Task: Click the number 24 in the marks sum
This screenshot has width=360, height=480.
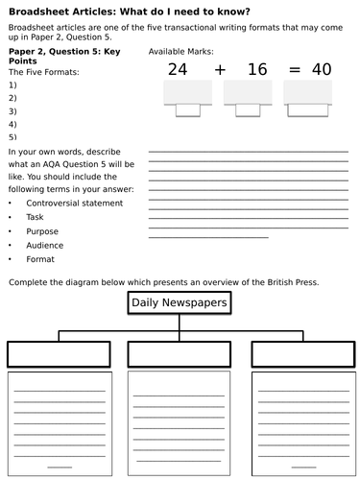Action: (178, 68)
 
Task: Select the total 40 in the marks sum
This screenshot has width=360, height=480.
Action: (321, 68)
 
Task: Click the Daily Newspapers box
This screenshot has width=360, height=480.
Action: (179, 303)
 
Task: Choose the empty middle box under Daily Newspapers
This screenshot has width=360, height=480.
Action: (179, 353)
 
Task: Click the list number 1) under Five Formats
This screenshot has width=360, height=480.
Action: (12, 84)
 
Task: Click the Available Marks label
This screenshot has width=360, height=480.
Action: (181, 51)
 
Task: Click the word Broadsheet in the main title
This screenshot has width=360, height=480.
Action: (36, 12)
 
